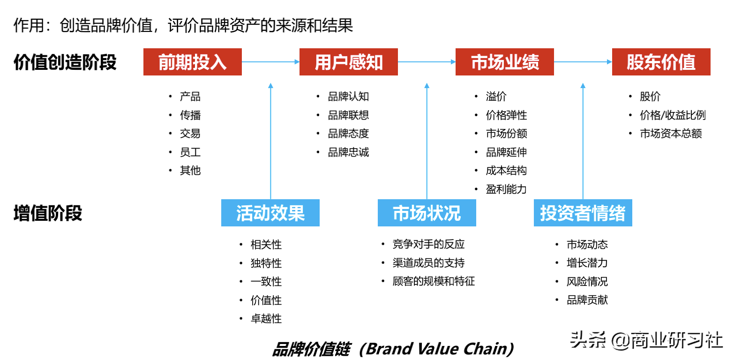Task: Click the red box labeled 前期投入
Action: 192,62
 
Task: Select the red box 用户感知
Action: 348,62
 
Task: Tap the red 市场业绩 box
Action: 504,62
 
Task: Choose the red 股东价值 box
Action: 661,62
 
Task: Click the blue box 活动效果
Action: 270,213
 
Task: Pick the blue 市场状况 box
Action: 427,213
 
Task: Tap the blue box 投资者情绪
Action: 583,213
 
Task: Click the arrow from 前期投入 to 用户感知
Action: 270,62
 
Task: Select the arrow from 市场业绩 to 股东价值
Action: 583,62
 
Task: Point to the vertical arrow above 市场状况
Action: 427,141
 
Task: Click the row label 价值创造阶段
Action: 65,62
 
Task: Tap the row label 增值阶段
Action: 48,213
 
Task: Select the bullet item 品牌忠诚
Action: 348,152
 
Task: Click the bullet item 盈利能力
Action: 506,189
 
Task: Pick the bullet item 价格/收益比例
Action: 673,115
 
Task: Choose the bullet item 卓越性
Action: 266,319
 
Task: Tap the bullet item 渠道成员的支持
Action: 428,263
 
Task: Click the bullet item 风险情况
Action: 587,282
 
